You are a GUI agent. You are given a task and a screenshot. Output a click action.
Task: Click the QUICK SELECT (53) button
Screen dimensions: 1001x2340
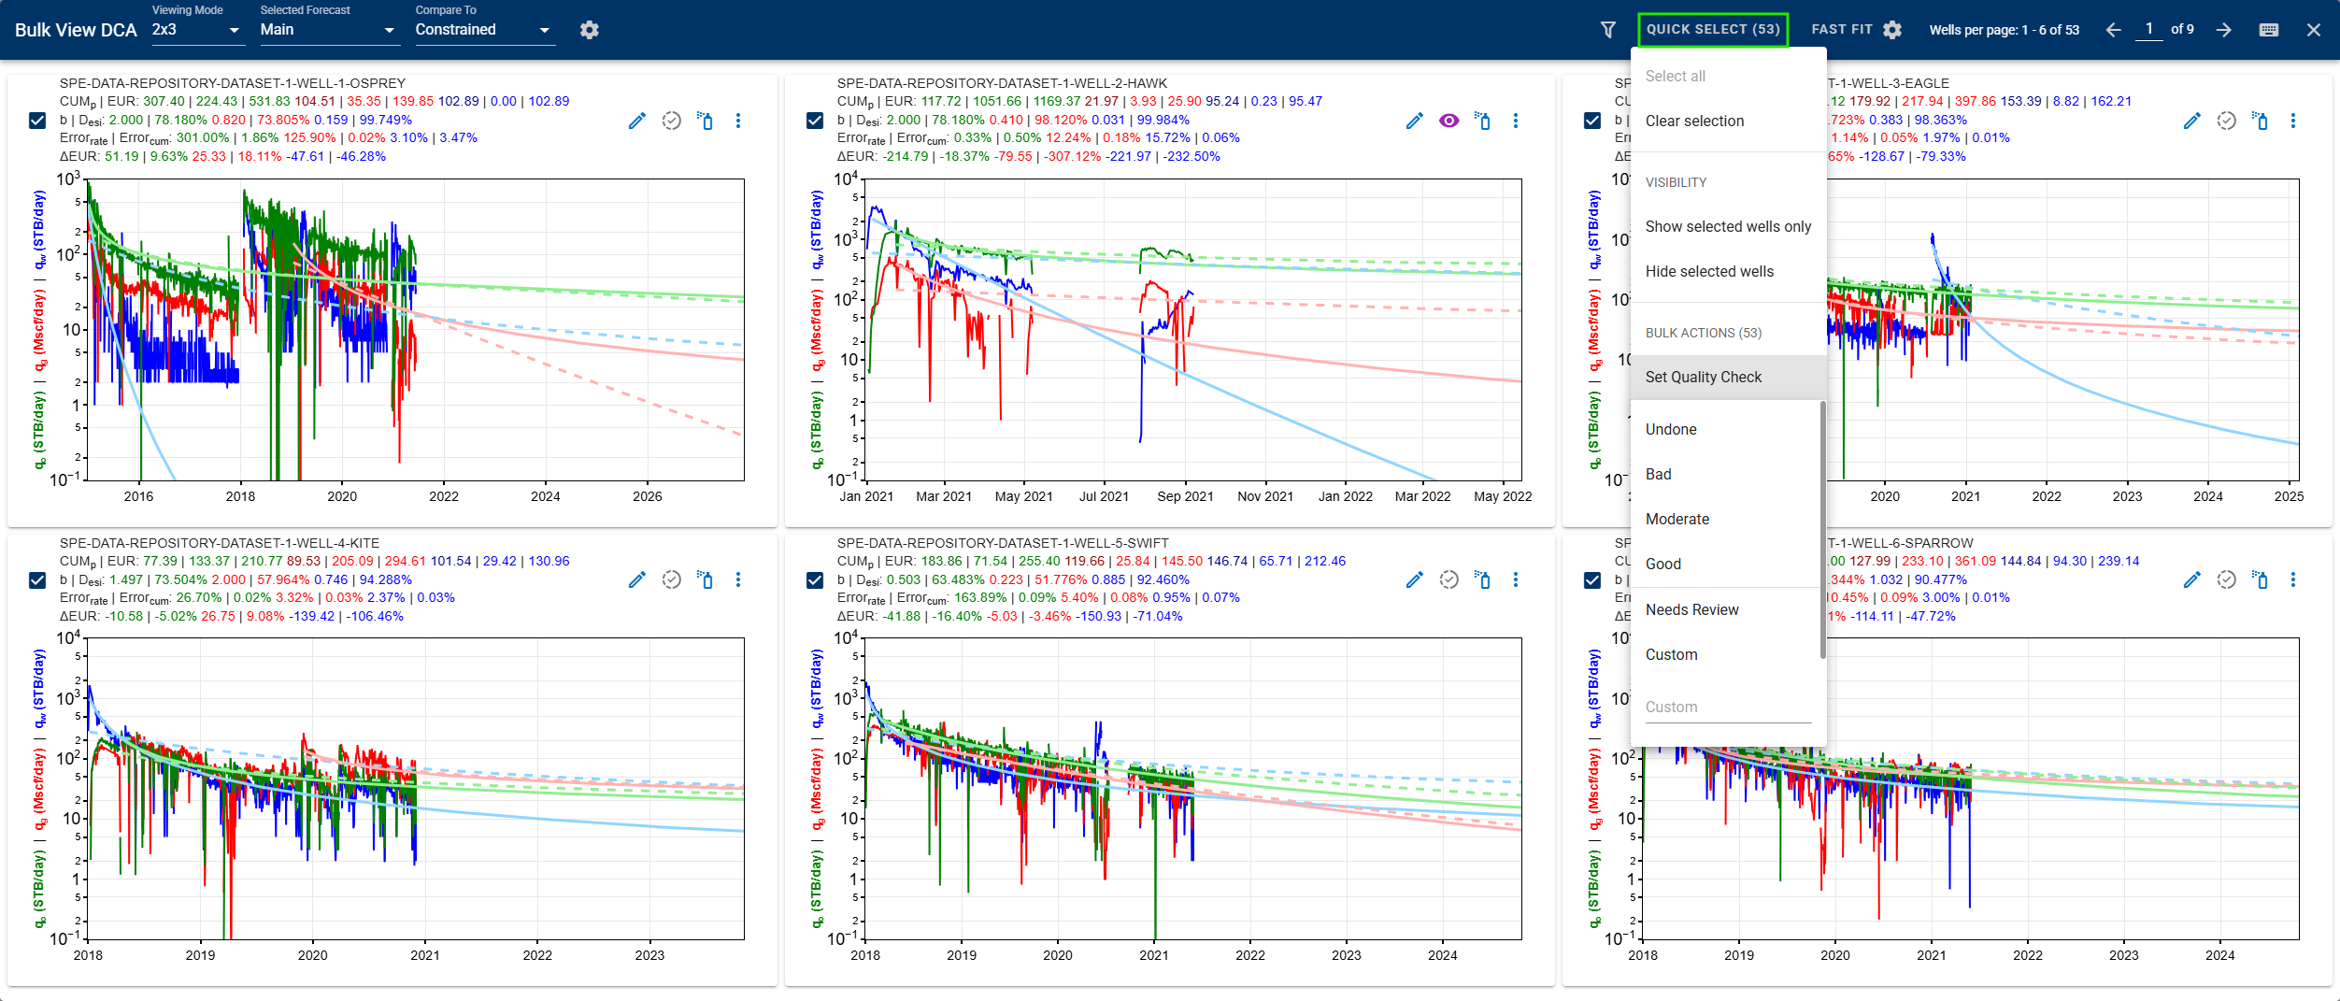click(1712, 30)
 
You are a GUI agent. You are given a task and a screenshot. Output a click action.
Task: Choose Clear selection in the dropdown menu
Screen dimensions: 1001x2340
click(1694, 122)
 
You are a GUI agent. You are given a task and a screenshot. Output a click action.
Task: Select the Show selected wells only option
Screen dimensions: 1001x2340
click(1727, 227)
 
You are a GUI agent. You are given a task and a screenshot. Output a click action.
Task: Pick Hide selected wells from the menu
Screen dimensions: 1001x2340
click(1708, 272)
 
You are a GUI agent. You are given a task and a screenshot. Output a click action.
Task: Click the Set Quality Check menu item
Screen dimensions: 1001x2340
click(1703, 378)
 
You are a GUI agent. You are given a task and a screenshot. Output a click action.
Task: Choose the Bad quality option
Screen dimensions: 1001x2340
click(1658, 475)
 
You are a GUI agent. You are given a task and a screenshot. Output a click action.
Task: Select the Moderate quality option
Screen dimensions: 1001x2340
click(1677, 520)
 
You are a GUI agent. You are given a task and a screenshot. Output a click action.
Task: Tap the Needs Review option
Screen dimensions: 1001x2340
click(1691, 610)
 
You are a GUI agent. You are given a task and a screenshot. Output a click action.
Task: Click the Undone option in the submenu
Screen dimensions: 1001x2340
click(1670, 430)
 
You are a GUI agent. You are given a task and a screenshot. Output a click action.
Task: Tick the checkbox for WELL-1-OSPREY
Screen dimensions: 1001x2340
click(37, 121)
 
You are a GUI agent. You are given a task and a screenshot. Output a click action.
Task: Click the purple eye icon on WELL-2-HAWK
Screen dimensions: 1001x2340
click(1448, 121)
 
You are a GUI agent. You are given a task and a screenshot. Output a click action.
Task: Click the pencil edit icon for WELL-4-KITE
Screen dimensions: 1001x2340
click(637, 580)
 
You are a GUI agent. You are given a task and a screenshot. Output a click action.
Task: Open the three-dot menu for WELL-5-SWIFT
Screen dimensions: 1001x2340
click(1516, 580)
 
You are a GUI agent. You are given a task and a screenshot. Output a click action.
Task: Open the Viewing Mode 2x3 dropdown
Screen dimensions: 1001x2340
click(196, 30)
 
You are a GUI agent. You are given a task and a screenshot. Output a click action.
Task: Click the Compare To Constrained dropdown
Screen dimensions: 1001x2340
click(483, 30)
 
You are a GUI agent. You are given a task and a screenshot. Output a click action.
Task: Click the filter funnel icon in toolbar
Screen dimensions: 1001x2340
click(1608, 30)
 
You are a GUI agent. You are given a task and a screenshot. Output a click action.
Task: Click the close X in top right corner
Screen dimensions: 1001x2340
click(2314, 30)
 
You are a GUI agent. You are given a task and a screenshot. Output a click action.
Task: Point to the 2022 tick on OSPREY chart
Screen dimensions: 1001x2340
click(444, 496)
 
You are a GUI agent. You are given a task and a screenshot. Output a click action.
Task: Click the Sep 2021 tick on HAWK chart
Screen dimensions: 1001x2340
click(1185, 496)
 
